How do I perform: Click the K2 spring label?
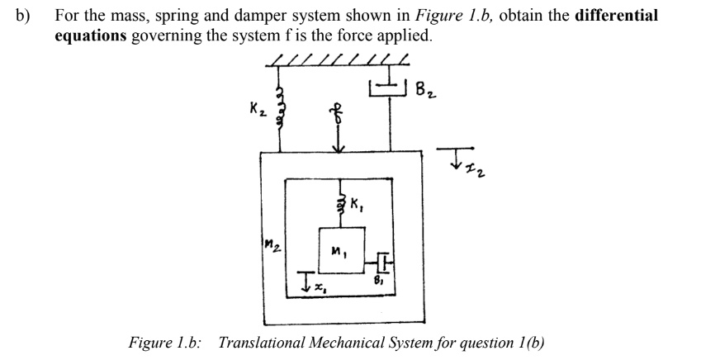click(x=256, y=109)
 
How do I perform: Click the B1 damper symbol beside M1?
click(x=383, y=259)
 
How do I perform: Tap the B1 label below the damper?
click(x=381, y=280)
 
